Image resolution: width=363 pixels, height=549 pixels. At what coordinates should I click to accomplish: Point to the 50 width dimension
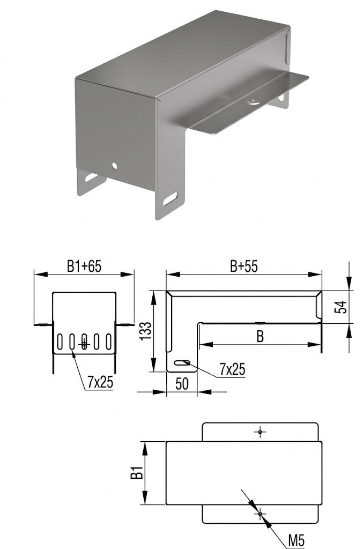click(182, 384)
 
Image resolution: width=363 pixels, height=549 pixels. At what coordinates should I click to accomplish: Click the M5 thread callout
click(296, 540)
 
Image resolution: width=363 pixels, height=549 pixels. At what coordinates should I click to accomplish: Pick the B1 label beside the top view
click(137, 473)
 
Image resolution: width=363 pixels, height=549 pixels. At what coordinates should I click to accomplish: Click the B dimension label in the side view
click(260, 336)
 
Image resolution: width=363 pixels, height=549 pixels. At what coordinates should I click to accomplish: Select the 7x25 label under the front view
click(100, 382)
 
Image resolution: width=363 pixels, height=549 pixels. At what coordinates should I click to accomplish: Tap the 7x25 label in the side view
click(232, 369)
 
